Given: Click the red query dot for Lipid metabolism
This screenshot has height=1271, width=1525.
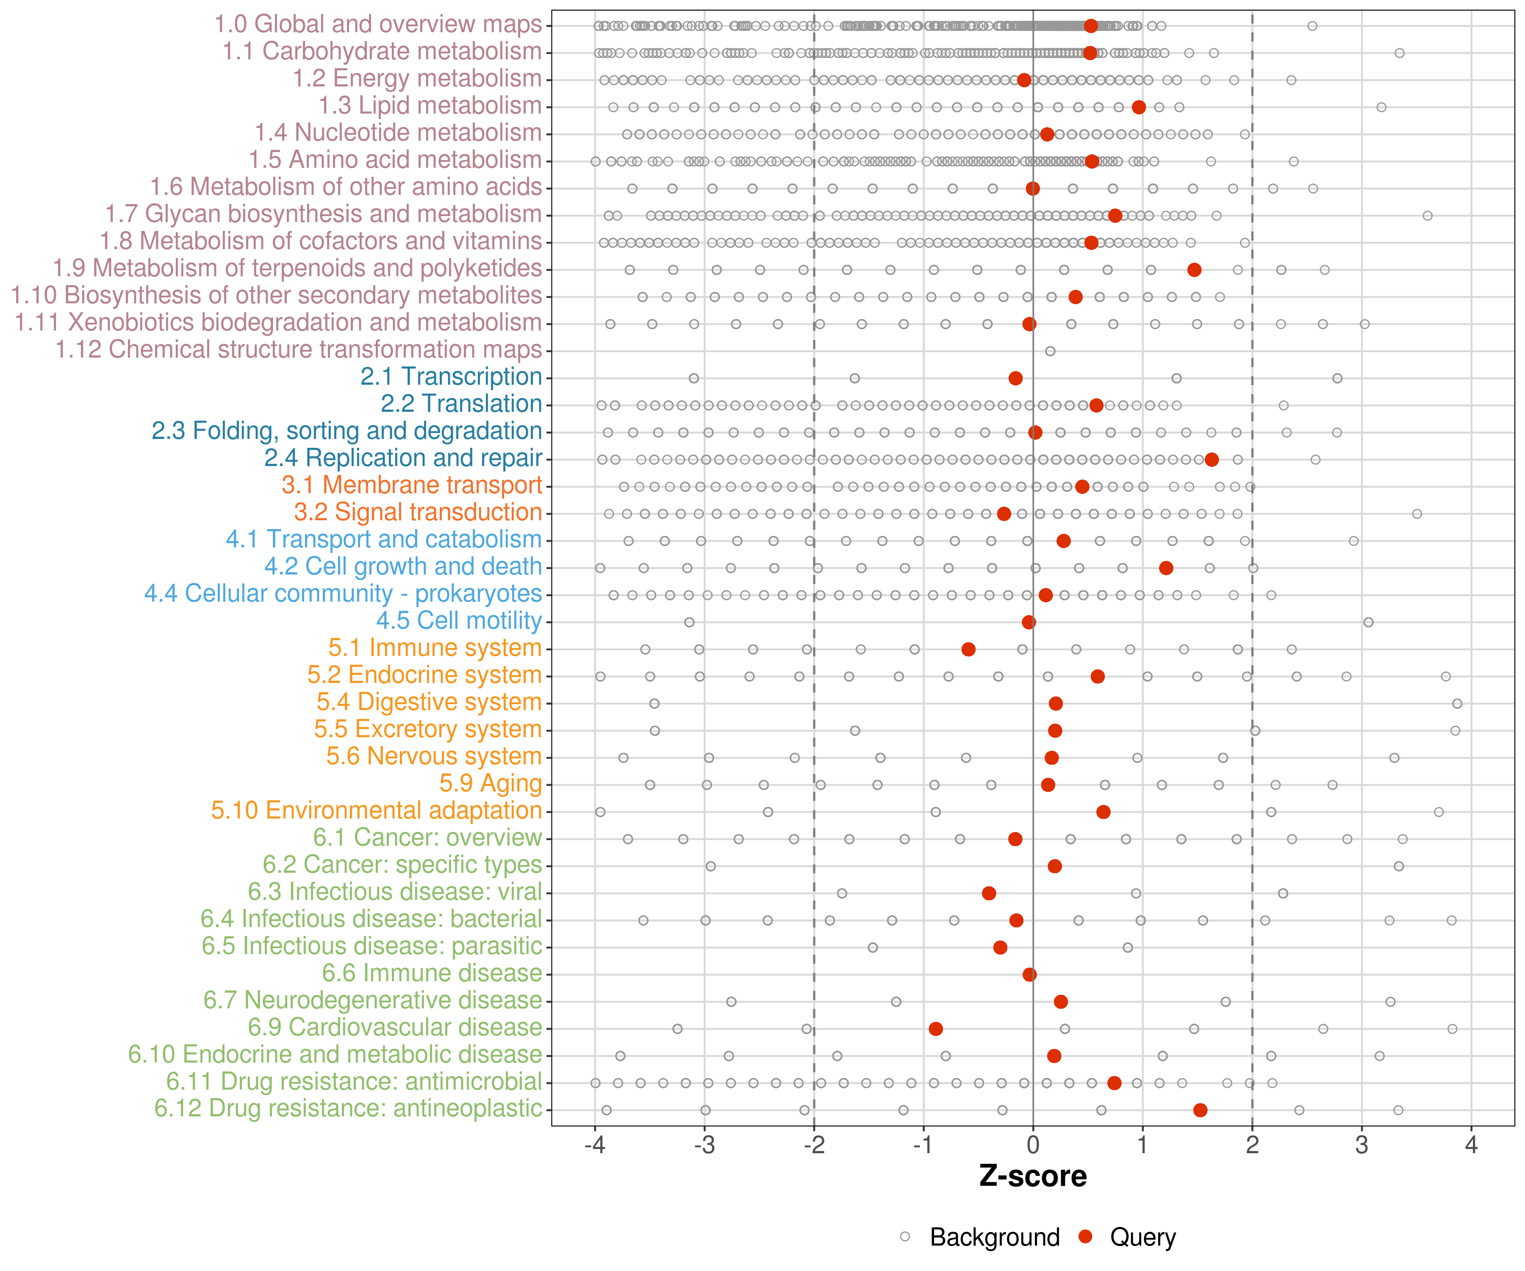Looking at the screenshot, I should coord(1139,108).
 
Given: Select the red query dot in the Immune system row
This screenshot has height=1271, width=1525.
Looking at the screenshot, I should coord(968,649).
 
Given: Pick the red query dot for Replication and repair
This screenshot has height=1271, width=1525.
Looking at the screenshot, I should coord(1211,460).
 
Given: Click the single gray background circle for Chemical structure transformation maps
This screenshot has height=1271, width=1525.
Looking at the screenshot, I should coord(1050,352).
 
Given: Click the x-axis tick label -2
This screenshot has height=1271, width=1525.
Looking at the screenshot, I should coord(813,1146).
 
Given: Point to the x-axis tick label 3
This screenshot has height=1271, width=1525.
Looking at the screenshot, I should coord(1361,1146).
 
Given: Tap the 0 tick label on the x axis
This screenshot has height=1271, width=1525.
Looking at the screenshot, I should coord(1033,1146).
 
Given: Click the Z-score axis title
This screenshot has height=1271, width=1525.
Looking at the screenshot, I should coord(1033,1177).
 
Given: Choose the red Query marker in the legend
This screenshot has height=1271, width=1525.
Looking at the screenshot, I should coord(1086,1236).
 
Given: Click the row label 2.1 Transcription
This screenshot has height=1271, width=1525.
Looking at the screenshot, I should coord(451,377).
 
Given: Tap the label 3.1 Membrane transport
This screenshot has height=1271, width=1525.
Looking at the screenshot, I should coord(412,485).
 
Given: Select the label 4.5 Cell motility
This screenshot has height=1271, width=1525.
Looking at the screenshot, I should coord(459,621).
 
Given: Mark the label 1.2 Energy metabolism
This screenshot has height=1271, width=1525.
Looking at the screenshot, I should coord(417,78).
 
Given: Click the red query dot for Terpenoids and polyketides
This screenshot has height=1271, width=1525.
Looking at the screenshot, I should coord(1194,270).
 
